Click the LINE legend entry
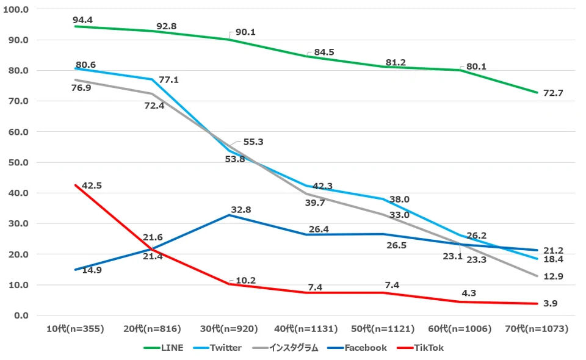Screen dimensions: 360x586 coord(165,348)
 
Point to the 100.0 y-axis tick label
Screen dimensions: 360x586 coord(19,10)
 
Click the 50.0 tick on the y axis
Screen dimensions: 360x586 coord(20,162)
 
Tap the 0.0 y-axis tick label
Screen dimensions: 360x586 coord(23,315)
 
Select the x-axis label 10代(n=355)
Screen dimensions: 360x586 coord(76,329)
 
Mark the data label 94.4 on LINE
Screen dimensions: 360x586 coord(82,20)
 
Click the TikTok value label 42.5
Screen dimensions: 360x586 coord(92,185)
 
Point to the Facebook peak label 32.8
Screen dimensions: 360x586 coord(240,209)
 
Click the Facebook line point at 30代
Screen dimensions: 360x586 coord(230,215)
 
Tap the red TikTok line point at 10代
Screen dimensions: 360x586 coord(76,185)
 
